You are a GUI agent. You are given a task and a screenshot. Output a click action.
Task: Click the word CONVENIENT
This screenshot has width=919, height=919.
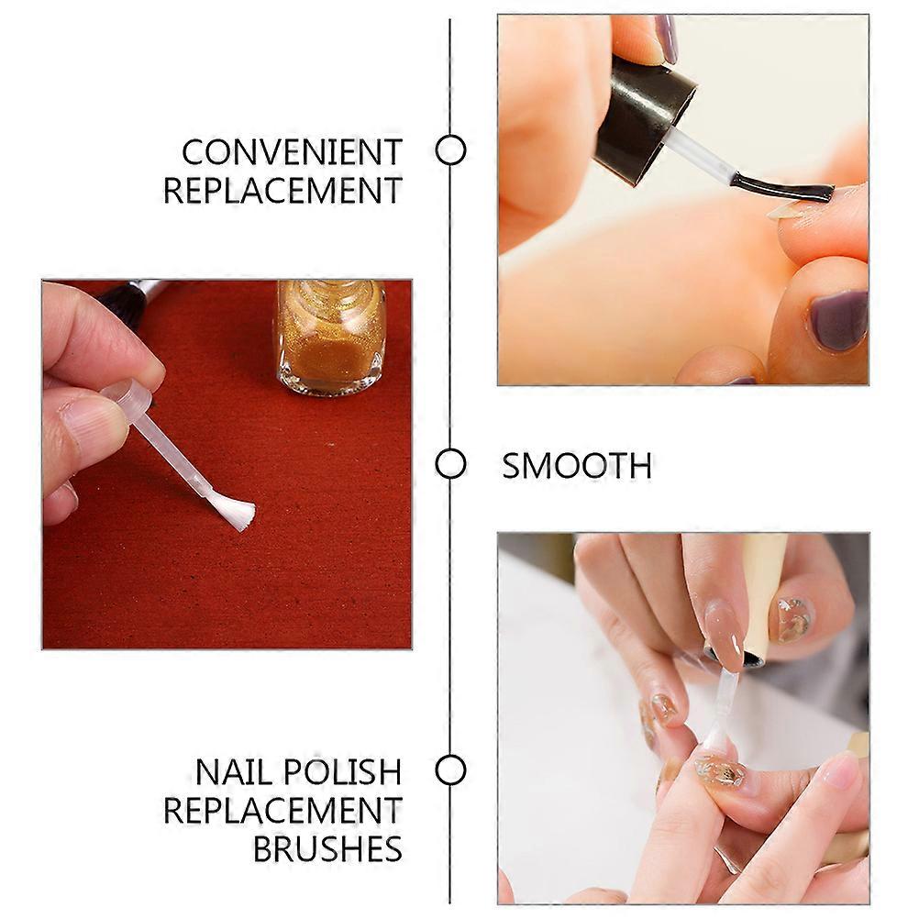click(x=292, y=152)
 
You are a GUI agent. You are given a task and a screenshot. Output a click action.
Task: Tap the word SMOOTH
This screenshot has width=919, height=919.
click(x=577, y=466)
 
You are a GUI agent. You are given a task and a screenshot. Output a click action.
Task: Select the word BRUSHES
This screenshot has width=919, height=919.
click(x=327, y=848)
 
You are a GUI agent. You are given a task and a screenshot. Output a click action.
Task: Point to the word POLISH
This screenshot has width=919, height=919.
click(x=343, y=772)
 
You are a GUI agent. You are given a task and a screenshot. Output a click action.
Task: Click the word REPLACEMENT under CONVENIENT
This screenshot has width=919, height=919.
click(x=283, y=191)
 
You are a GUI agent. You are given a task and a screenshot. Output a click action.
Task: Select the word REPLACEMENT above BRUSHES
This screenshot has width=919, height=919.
click(x=283, y=811)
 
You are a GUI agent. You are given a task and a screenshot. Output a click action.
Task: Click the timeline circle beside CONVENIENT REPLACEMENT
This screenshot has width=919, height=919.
click(x=450, y=149)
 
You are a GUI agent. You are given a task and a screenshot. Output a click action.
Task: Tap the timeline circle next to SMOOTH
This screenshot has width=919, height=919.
click(x=450, y=464)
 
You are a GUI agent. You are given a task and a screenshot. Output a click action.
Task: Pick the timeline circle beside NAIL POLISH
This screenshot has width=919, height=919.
click(x=450, y=770)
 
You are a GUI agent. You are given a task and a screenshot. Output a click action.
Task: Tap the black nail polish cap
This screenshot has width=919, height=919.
click(x=644, y=117)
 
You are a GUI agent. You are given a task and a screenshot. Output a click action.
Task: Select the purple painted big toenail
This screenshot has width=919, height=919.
click(x=838, y=321)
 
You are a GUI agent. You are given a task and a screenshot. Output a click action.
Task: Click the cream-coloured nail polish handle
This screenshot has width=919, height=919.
click(x=763, y=592)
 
